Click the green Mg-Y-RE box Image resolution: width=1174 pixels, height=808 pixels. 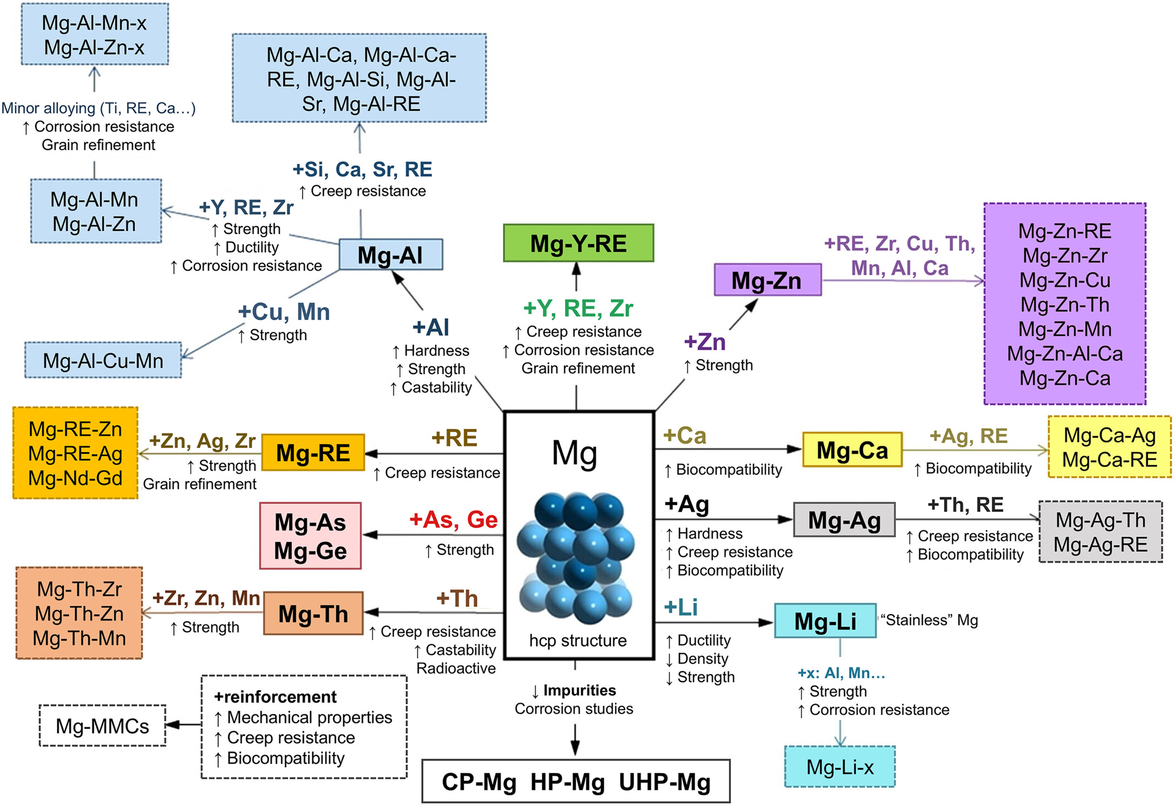pyautogui.click(x=578, y=243)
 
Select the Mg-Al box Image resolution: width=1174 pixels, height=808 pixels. pyautogui.click(x=391, y=255)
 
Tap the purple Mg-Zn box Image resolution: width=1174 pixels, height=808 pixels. pyautogui.click(x=767, y=280)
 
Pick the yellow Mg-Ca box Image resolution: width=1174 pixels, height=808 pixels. pyautogui.click(x=852, y=450)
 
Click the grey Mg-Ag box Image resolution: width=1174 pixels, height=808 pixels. pyautogui.click(x=844, y=520)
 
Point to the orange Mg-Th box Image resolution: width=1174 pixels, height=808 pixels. pyautogui.click(x=313, y=614)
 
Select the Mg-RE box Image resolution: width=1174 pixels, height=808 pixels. pyautogui.click(x=313, y=453)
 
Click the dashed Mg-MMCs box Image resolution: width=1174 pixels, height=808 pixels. pyautogui.click(x=103, y=726)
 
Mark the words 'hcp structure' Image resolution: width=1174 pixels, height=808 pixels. pyautogui.click(x=578, y=640)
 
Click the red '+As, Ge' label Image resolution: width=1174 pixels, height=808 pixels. pyautogui.click(x=453, y=520)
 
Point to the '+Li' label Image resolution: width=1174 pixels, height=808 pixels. pyautogui.click(x=681, y=608)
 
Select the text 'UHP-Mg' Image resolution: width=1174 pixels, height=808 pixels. pyautogui.click(x=665, y=782)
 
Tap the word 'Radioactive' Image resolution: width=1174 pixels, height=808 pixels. pyautogui.click(x=456, y=668)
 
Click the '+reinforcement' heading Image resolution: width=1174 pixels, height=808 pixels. pyautogui.click(x=275, y=697)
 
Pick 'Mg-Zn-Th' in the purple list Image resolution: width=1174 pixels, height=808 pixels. pyautogui.click(x=1065, y=305)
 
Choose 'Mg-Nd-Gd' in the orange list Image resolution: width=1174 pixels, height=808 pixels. pyautogui.click(x=76, y=478)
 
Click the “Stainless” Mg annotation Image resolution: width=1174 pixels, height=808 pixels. pyautogui.click(x=929, y=620)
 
